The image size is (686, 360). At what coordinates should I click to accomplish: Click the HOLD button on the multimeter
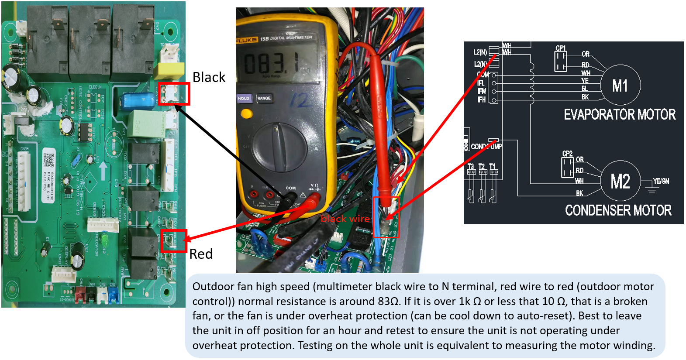click(244, 99)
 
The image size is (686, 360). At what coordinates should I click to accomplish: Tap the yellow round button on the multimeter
click(246, 114)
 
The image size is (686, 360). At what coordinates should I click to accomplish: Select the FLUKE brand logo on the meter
click(246, 40)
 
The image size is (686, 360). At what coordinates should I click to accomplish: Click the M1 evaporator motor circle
click(620, 86)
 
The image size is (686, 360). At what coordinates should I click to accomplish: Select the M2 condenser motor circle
click(620, 181)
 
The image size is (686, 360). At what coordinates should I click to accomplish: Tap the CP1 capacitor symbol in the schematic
click(561, 61)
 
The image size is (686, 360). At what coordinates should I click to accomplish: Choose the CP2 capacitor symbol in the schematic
click(567, 167)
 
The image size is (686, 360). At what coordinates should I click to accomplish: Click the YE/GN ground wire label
click(661, 181)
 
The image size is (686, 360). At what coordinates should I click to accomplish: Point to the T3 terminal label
click(471, 167)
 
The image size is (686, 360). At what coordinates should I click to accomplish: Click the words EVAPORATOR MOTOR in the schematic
click(620, 115)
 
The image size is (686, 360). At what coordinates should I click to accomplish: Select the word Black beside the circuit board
click(209, 77)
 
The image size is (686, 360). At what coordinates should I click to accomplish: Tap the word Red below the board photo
click(201, 254)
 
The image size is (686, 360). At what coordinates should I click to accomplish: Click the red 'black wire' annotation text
click(345, 219)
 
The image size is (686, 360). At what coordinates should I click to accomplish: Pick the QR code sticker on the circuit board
click(48, 160)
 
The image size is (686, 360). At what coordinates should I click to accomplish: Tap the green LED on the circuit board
click(105, 240)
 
